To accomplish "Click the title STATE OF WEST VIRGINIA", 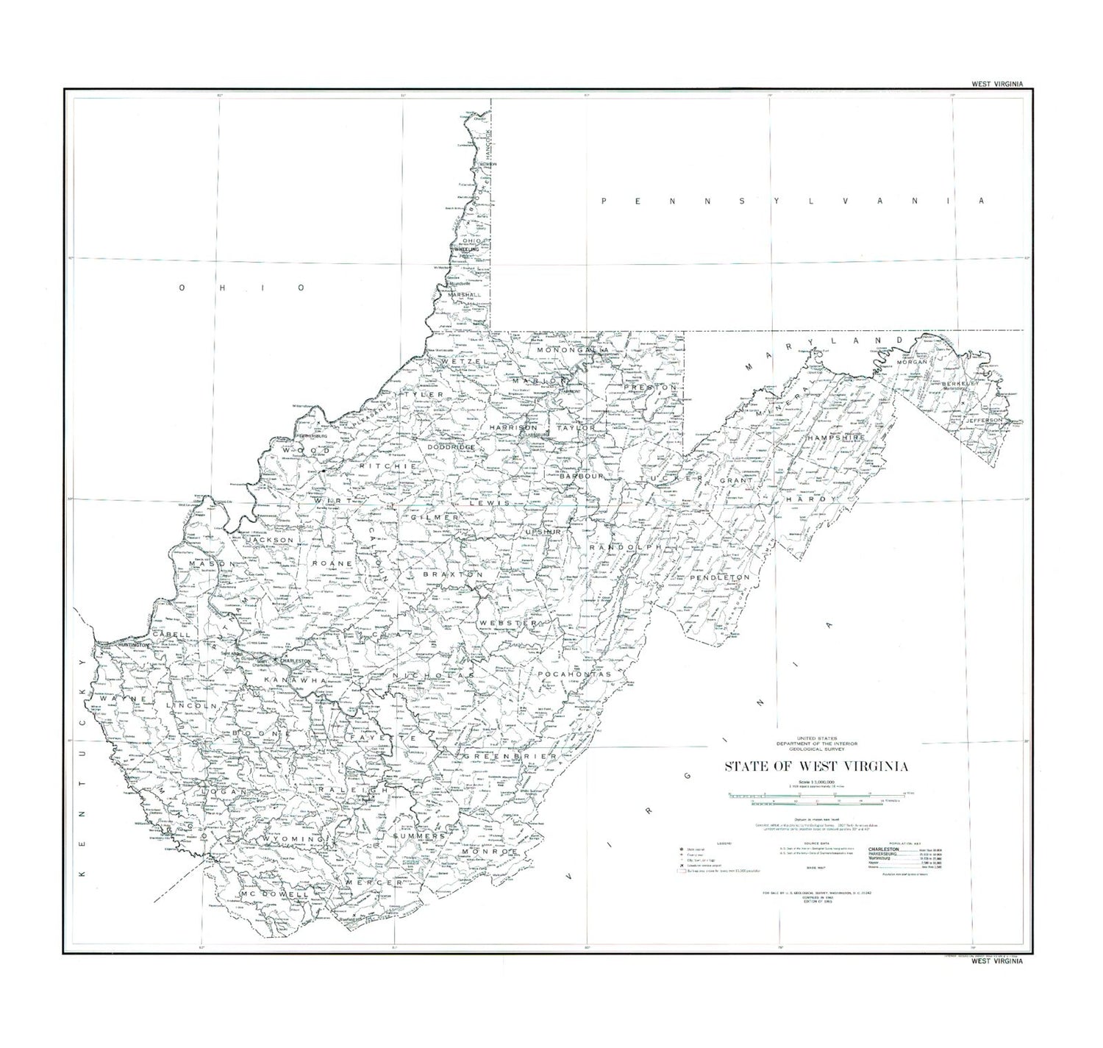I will pos(816,766).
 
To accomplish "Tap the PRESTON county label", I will pos(644,387).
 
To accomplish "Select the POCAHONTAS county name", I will pos(574,673).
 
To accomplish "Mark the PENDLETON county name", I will pos(719,578).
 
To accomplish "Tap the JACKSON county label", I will pos(270,540).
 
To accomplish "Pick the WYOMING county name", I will pos(290,839).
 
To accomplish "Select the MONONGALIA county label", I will pos(574,351).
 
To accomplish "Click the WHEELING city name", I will pos(466,249).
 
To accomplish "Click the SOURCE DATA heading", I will pos(816,844).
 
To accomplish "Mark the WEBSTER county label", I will pos(508,623).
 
